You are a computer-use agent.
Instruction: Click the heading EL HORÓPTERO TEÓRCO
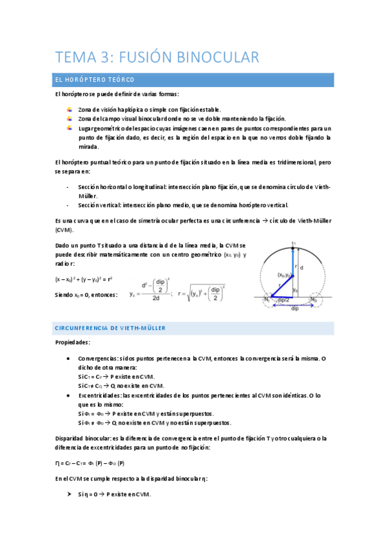(94, 80)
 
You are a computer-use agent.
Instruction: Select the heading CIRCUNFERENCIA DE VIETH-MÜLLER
(110, 328)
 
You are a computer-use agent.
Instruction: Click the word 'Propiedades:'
(73, 343)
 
